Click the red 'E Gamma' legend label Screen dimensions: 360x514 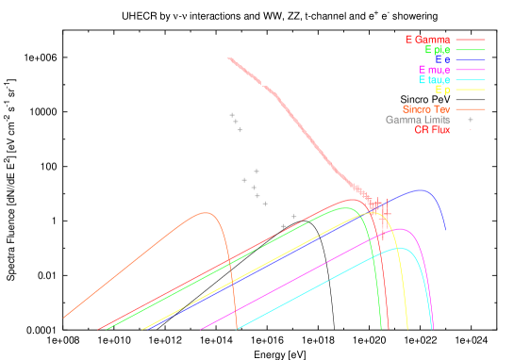428,40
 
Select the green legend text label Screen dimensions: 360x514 438,50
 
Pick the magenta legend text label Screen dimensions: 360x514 434,71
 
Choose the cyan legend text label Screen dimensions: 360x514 435,81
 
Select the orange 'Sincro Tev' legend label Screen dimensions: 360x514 425,109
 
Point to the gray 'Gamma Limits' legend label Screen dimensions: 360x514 417,120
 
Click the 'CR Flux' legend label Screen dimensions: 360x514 432,130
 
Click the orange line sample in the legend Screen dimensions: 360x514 470,109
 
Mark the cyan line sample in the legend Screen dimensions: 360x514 470,81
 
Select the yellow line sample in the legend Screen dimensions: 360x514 470,91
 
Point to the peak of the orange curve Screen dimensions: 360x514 205,213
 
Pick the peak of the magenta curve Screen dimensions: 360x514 401,228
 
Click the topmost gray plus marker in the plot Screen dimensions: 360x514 232,115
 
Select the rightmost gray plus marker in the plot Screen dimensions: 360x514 293,217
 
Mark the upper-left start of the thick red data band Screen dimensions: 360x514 229,59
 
